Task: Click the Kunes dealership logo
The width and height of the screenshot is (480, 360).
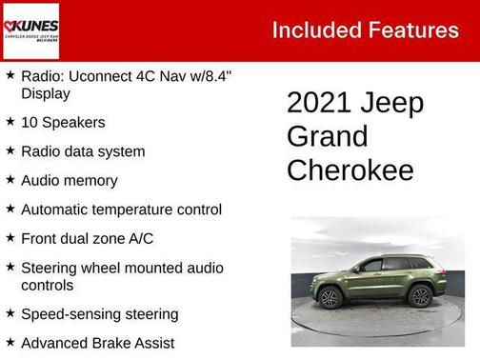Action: (x=31, y=30)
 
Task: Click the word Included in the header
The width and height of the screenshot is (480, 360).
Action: (x=314, y=30)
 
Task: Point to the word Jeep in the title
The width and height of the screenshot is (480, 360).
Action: (x=393, y=103)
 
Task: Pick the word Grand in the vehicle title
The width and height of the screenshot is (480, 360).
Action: (x=327, y=136)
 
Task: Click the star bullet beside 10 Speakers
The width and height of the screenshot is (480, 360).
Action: (x=10, y=122)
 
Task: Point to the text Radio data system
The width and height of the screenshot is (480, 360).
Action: (x=83, y=151)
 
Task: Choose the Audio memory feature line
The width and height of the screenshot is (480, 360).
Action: (x=70, y=180)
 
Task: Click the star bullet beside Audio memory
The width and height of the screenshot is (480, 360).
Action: (x=10, y=179)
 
